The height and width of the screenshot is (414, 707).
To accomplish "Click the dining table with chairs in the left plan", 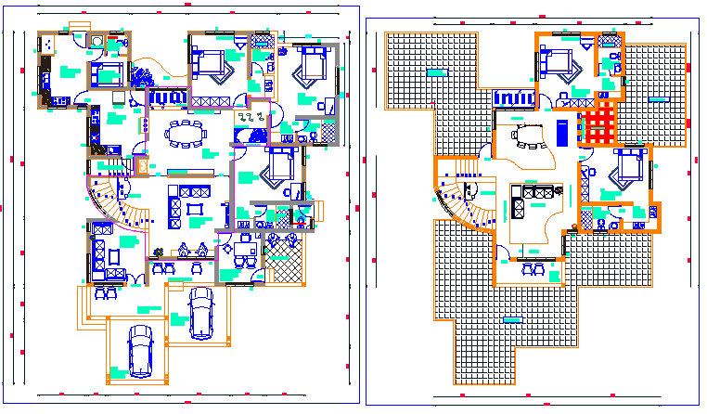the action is click(186, 135).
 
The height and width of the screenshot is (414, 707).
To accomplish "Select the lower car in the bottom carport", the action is click(140, 350).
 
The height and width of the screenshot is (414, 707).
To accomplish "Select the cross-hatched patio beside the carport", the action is click(285, 261).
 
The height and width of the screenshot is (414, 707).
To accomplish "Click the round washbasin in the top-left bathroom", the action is click(96, 40).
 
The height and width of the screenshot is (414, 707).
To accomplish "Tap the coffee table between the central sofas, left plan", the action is click(193, 210).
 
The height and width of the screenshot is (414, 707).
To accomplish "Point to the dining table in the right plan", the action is click(528, 136).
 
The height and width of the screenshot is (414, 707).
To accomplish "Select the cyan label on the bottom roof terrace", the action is click(511, 319).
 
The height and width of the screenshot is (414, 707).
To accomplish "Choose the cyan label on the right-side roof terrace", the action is click(658, 97).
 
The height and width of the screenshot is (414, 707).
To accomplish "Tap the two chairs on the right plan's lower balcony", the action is click(533, 269).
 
